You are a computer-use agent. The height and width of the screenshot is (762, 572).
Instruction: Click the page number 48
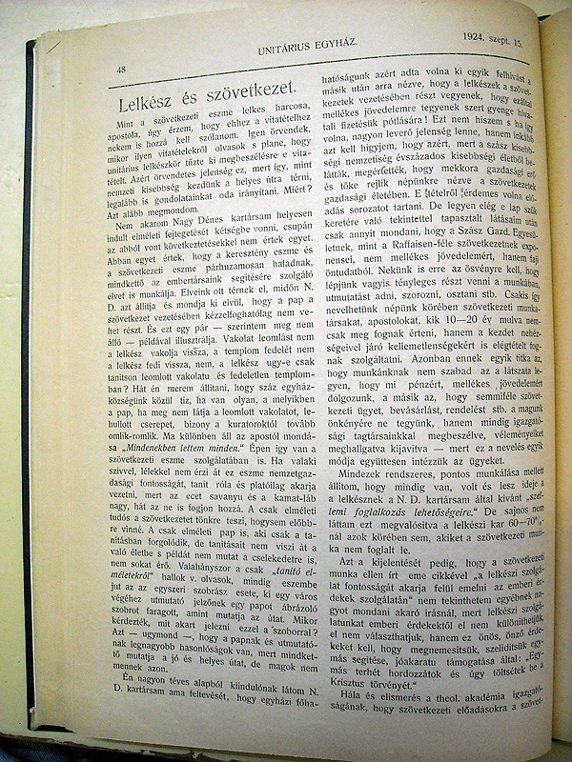121,69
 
